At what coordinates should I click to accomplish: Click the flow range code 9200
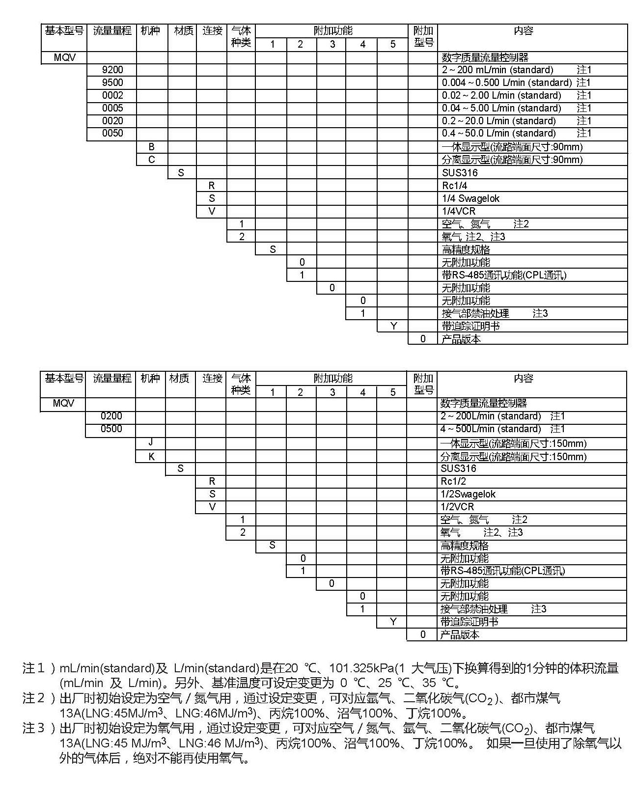(x=112, y=70)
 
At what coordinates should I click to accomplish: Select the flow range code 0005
(x=112, y=108)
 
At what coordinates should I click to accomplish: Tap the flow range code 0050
(x=112, y=133)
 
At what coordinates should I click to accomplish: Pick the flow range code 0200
(x=111, y=416)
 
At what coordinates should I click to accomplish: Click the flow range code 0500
(x=111, y=429)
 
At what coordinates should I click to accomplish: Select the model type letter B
(x=151, y=147)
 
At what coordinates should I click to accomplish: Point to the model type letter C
(x=151, y=160)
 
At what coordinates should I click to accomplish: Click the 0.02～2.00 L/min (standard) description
(x=501, y=95)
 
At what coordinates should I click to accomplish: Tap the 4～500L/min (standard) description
(x=490, y=429)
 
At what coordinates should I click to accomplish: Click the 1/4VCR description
(x=458, y=211)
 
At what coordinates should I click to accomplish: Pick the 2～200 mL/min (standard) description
(x=497, y=70)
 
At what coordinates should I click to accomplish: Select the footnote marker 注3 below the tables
(x=33, y=728)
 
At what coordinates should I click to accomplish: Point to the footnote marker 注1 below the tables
(x=33, y=668)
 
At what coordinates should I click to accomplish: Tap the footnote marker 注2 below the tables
(x=33, y=698)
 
